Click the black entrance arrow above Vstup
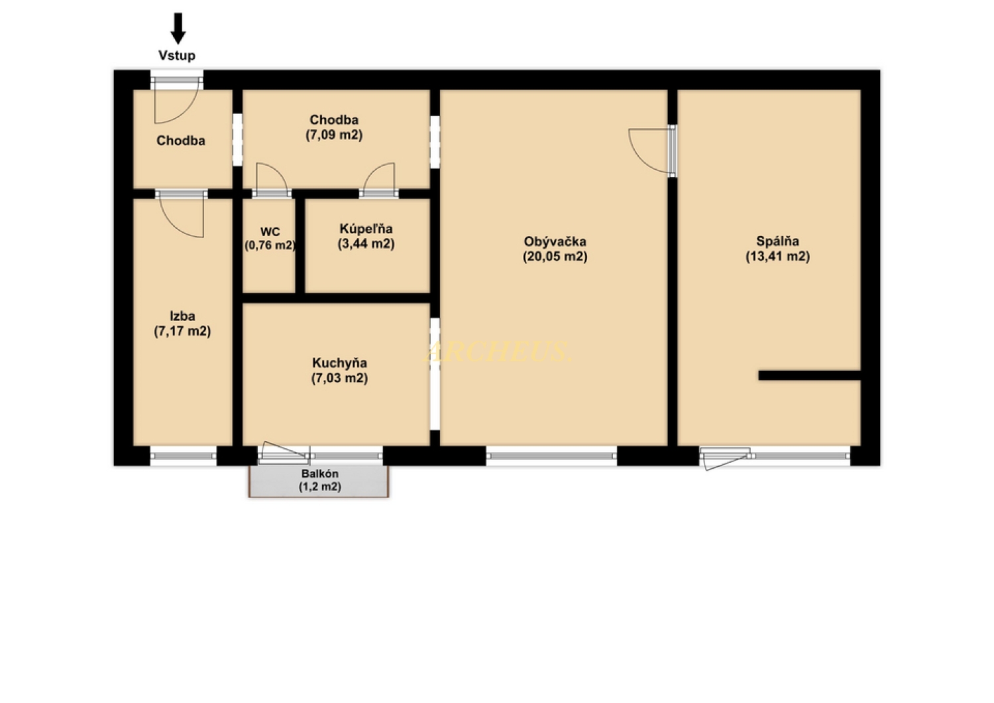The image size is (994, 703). (x=178, y=29)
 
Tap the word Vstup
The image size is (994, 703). (x=177, y=56)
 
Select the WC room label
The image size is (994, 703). (x=270, y=231)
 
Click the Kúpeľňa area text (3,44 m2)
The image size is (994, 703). (x=366, y=244)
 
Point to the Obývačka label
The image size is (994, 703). (x=555, y=241)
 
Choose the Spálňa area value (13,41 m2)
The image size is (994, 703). (x=777, y=256)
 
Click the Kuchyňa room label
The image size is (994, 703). (x=339, y=363)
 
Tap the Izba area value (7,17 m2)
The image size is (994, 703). (x=182, y=332)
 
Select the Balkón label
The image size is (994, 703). (x=320, y=474)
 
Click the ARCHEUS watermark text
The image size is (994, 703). (x=498, y=351)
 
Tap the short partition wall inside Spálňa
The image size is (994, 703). (x=809, y=375)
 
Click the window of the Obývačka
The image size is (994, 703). (x=551, y=456)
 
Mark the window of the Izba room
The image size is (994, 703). (x=184, y=456)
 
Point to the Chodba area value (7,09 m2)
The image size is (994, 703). (x=334, y=135)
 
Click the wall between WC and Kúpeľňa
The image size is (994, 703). (x=300, y=246)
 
